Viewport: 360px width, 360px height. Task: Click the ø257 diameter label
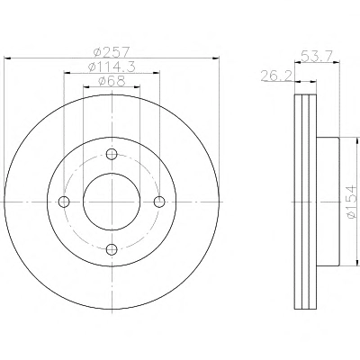pyautogui.click(x=111, y=52)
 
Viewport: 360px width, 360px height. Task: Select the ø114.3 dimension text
pyautogui.click(x=112, y=67)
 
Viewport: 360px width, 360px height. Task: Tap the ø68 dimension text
pyautogui.click(x=112, y=81)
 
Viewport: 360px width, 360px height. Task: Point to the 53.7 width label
pyautogui.click(x=317, y=56)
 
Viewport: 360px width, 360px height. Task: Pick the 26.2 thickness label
pyautogui.click(x=276, y=76)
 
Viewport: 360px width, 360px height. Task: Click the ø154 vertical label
pyautogui.click(x=351, y=202)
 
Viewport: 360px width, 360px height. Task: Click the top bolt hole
pyautogui.click(x=112, y=154)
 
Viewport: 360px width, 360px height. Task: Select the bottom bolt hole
pyautogui.click(x=112, y=248)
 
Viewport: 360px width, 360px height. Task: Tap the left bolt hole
pyautogui.click(x=64, y=202)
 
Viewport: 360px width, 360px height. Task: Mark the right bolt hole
pyautogui.click(x=159, y=202)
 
